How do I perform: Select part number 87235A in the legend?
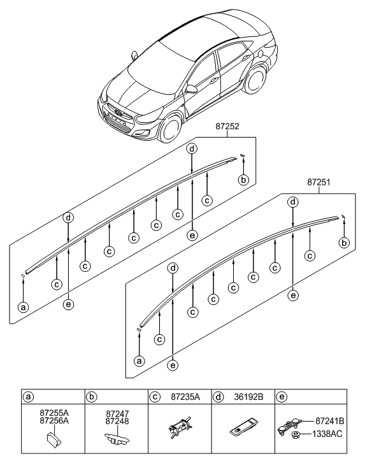(x=185, y=395)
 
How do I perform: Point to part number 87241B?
(x=330, y=422)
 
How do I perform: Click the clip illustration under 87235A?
(x=178, y=429)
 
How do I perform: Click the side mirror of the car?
(x=192, y=89)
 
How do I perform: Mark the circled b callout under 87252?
(x=243, y=180)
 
